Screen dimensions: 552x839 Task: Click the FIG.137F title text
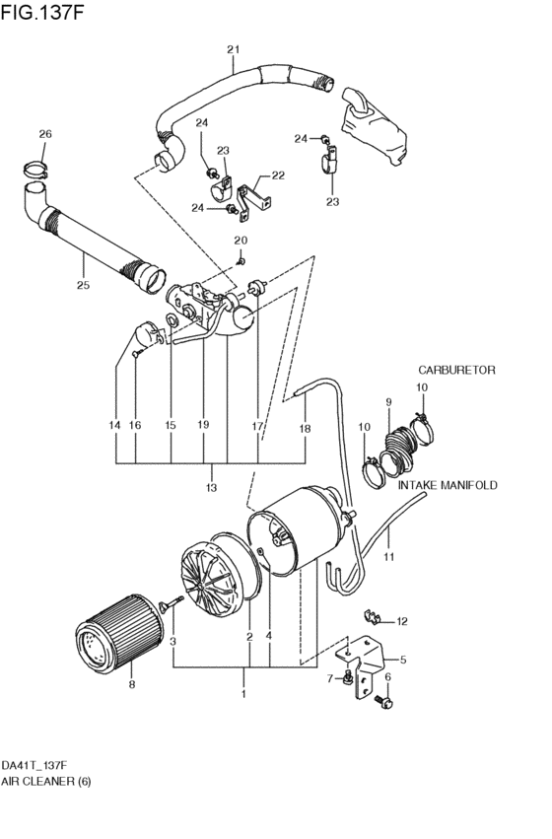tap(42, 12)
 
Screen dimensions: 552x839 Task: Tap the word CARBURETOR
tap(456, 370)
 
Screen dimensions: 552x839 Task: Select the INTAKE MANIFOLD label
tap(448, 485)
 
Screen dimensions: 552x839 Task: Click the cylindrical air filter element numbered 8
tap(118, 635)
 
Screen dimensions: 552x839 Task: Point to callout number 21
tap(233, 49)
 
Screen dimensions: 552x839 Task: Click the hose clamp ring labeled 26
tap(35, 171)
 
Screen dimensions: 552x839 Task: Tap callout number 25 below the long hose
tap(83, 285)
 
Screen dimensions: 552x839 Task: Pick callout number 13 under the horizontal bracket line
tap(211, 487)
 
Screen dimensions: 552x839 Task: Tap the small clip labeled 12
tap(373, 616)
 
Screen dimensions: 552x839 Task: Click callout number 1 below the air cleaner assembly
tap(243, 694)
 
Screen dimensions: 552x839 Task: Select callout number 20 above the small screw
tap(241, 241)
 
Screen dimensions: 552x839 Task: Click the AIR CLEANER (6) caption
tap(45, 781)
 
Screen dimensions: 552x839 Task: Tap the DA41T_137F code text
tap(34, 765)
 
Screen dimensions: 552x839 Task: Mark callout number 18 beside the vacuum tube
tap(305, 429)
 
